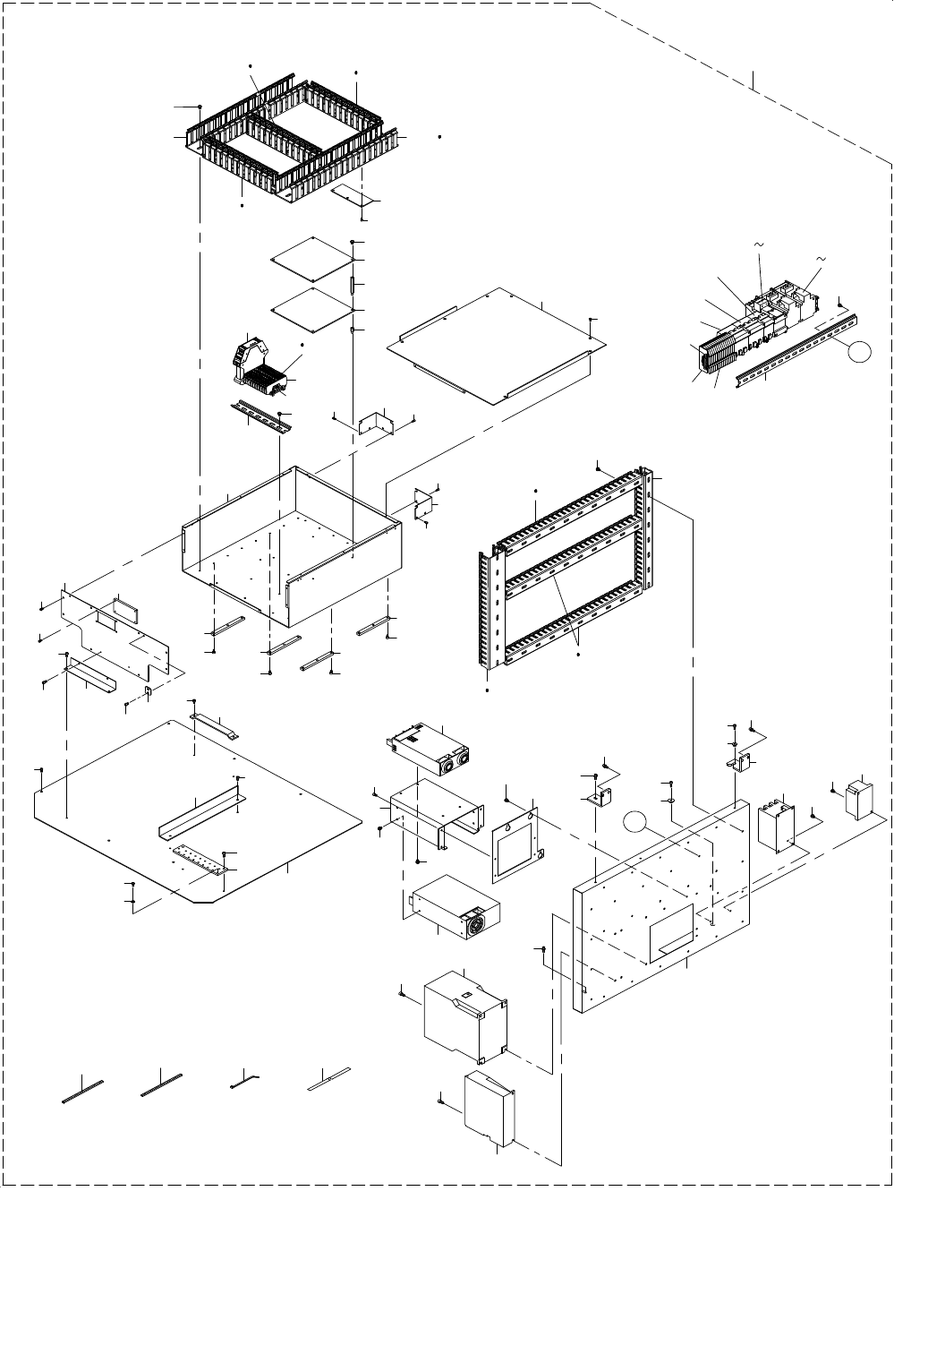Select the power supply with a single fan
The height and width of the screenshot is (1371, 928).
pos(454,906)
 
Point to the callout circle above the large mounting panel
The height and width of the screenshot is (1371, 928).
pos(634,820)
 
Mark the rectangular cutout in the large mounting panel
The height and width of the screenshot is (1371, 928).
pos(672,933)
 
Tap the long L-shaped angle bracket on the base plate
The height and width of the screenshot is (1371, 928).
pos(199,814)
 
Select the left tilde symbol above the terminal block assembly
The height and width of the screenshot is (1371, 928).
pos(759,244)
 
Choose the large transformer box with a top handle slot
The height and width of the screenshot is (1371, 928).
pos(467,1015)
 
